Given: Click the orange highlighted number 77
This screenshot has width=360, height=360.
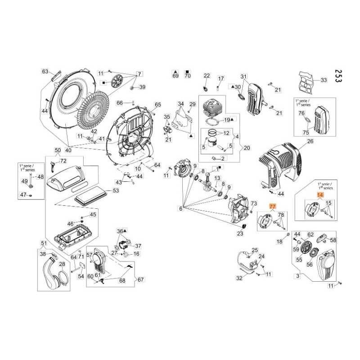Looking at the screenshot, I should [272, 206].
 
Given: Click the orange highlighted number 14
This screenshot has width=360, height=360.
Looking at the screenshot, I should [320, 195].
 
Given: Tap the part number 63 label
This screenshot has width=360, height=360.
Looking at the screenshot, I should [45, 72].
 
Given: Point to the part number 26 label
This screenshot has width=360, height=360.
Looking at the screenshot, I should [310, 141].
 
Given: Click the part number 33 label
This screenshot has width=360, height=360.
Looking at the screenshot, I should [324, 80].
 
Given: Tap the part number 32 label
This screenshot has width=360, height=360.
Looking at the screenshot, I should [239, 278].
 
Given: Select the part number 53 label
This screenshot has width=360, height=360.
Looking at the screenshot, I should [116, 191].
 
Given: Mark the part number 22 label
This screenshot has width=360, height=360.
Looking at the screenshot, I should [207, 76].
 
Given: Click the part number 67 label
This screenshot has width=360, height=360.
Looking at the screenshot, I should [140, 279].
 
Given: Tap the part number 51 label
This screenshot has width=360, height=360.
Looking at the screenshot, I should [44, 243].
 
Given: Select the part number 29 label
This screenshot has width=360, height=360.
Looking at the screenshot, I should [192, 104].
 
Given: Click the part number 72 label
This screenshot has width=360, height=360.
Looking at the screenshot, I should [63, 161].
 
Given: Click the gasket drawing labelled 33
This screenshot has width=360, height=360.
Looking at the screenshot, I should [308, 83].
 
